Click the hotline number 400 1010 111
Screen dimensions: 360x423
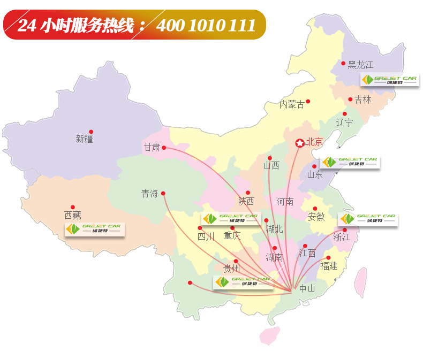(x=206, y=25)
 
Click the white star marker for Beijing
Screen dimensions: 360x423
(x=299, y=143)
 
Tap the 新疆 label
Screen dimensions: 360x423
(x=85, y=139)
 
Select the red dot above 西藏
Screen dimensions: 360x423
(x=73, y=207)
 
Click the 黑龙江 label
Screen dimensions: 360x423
(x=360, y=65)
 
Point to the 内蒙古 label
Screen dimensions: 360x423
(x=292, y=105)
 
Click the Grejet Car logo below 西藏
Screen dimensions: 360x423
(x=94, y=229)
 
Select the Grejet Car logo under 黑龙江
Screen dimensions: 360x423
(x=389, y=80)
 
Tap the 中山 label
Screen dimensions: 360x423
(x=307, y=288)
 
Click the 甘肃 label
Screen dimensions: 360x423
(x=152, y=148)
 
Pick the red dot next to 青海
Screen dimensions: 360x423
(x=163, y=193)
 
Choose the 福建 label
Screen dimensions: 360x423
(x=329, y=265)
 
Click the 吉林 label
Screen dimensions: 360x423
(x=362, y=99)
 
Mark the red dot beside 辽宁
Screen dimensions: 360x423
(x=345, y=114)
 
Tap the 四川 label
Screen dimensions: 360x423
(x=206, y=236)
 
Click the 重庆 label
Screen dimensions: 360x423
(x=232, y=235)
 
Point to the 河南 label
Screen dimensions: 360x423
(x=285, y=202)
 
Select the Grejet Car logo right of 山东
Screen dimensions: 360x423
(x=350, y=162)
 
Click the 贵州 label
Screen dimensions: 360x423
(x=232, y=269)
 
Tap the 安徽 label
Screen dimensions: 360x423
(x=316, y=217)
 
